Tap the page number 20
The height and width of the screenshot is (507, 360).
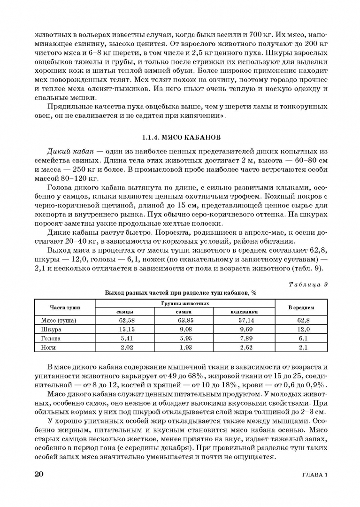[x=39, y=474]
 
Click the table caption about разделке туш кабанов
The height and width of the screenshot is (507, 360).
[x=181, y=292]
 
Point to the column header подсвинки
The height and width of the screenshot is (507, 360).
[x=244, y=312]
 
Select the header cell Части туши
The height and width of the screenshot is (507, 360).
[x=65, y=307]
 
